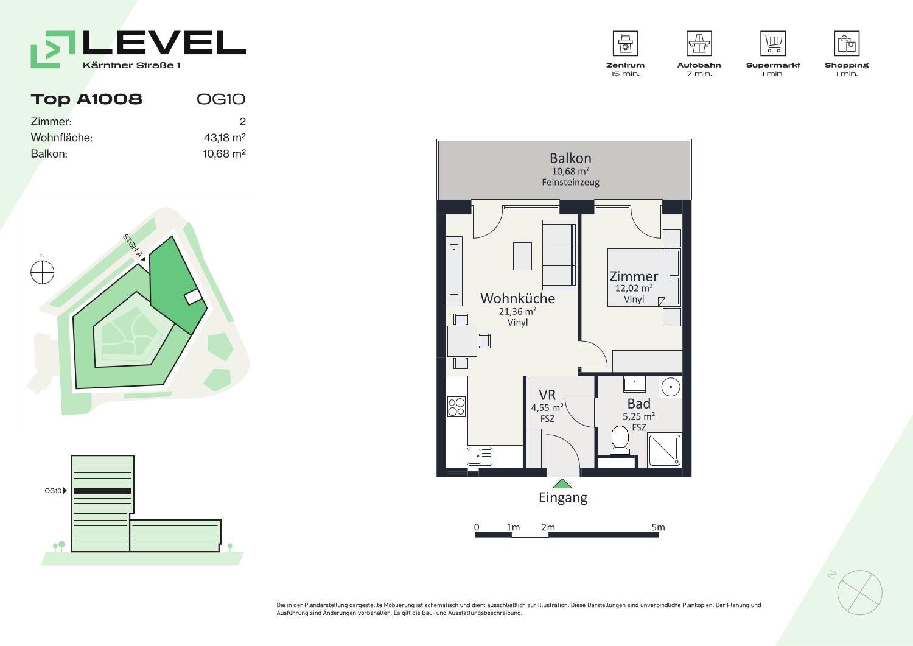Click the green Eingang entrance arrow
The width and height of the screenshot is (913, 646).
click(x=562, y=483)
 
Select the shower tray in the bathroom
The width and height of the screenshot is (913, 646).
click(x=665, y=450)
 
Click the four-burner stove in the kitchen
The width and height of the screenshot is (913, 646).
click(x=456, y=407)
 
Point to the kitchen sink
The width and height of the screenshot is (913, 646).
click(x=480, y=457)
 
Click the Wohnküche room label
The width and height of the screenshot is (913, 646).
click(x=517, y=298)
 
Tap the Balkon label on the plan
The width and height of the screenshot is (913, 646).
click(x=570, y=158)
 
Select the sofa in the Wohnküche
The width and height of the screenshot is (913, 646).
click(x=559, y=255)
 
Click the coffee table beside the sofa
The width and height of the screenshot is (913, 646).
click(x=522, y=256)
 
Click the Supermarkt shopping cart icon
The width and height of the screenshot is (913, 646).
click(x=773, y=43)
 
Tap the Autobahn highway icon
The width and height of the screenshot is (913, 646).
click(x=699, y=43)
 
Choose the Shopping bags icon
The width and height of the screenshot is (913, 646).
click(x=847, y=43)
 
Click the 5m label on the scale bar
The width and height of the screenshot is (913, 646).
click(x=658, y=527)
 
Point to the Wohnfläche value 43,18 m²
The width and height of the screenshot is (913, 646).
click(x=225, y=138)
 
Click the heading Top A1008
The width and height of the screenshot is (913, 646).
click(x=87, y=99)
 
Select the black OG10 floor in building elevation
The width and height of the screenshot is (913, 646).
click(x=102, y=491)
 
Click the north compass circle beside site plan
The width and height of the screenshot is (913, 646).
click(x=43, y=272)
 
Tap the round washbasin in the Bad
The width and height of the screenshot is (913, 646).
click(x=671, y=387)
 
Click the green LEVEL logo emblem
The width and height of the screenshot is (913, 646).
click(x=53, y=49)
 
